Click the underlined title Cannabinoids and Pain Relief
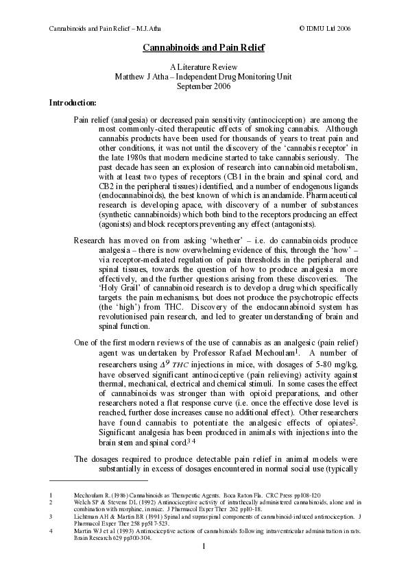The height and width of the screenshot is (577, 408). click(204, 48)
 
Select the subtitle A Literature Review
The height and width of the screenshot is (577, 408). click(204, 67)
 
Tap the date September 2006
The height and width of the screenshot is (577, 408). click(204, 86)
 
